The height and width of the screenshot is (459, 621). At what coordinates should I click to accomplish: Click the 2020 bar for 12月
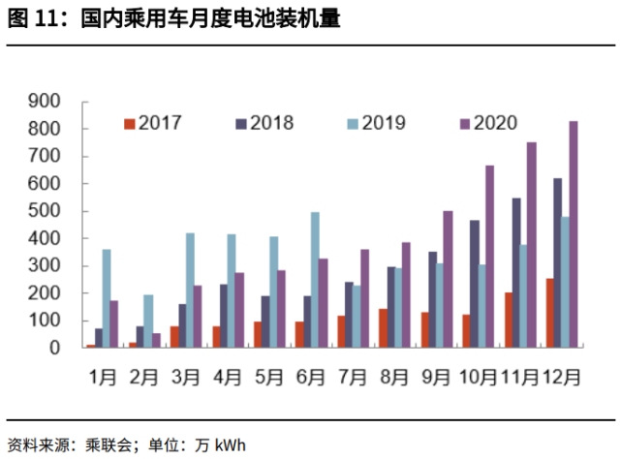click(574, 233)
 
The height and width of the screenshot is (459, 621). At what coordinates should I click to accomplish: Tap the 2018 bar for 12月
click(557, 262)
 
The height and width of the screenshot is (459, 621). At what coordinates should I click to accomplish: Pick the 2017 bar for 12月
click(548, 312)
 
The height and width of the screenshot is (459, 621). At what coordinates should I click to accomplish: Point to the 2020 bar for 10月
click(489, 256)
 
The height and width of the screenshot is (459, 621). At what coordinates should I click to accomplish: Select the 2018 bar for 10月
click(475, 283)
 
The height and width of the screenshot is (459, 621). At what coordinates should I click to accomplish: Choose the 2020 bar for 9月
click(448, 279)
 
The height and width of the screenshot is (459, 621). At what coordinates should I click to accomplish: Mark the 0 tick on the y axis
click(55, 347)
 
